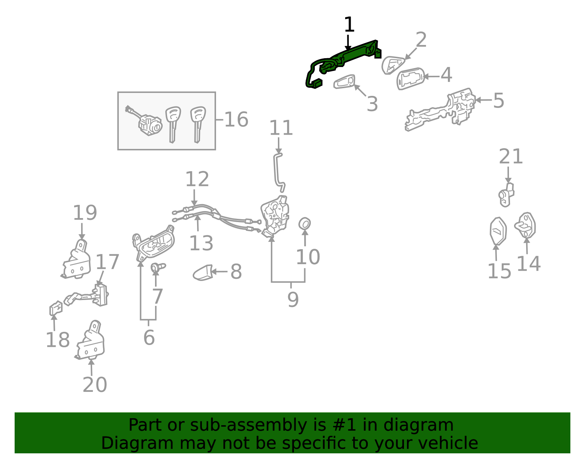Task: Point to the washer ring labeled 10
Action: (x=305, y=224)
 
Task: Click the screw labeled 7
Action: (x=158, y=267)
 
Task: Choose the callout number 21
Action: (x=511, y=156)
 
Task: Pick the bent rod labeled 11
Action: (x=279, y=172)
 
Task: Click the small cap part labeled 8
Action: (x=203, y=273)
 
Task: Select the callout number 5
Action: (x=498, y=101)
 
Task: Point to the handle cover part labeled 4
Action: (x=410, y=78)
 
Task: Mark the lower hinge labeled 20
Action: (x=90, y=340)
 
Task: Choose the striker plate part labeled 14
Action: (x=525, y=225)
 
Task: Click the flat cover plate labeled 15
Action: (x=498, y=231)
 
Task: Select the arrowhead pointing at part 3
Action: (x=357, y=87)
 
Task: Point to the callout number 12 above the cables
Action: (x=197, y=179)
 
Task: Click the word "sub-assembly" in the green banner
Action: (x=248, y=425)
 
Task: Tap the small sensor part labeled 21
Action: (x=506, y=195)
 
